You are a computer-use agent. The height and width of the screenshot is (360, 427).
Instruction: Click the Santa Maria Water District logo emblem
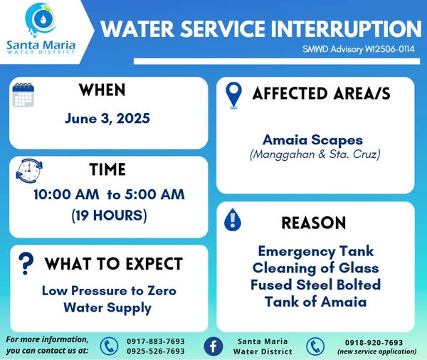pyautogui.click(x=41, y=20)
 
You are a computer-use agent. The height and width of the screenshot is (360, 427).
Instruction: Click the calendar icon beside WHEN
pyautogui.click(x=23, y=95)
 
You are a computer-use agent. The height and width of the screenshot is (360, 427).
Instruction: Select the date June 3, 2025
pyautogui.click(x=107, y=118)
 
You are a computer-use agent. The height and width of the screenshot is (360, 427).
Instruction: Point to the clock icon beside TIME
pyautogui.click(x=29, y=171)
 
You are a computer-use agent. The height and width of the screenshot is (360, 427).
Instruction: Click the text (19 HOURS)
pyautogui.click(x=109, y=215)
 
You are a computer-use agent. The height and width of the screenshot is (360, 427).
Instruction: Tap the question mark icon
pyautogui.click(x=26, y=263)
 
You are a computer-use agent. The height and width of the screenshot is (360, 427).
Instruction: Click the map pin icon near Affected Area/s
pyautogui.click(x=233, y=95)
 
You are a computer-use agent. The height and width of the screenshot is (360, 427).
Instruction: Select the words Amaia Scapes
pyautogui.click(x=312, y=140)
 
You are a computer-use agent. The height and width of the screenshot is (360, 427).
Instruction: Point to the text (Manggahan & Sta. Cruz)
pyautogui.click(x=315, y=154)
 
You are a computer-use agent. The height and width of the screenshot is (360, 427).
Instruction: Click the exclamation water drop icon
pyautogui.click(x=233, y=220)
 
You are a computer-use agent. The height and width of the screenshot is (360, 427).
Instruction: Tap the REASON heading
pyautogui.click(x=314, y=223)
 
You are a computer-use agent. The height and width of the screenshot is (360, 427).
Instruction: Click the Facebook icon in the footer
pyautogui.click(x=213, y=346)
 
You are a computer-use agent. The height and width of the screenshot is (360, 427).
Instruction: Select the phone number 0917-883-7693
pyautogui.click(x=156, y=342)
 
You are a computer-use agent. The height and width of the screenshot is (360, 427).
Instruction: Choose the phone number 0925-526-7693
pyautogui.click(x=156, y=351)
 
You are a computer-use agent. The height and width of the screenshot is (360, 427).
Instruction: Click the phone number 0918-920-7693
pyautogui.click(x=374, y=343)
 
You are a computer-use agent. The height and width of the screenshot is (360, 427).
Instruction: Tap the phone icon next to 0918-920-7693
pyautogui.click(x=315, y=346)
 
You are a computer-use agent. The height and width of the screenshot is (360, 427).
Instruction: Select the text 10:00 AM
pyautogui.click(x=66, y=195)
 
